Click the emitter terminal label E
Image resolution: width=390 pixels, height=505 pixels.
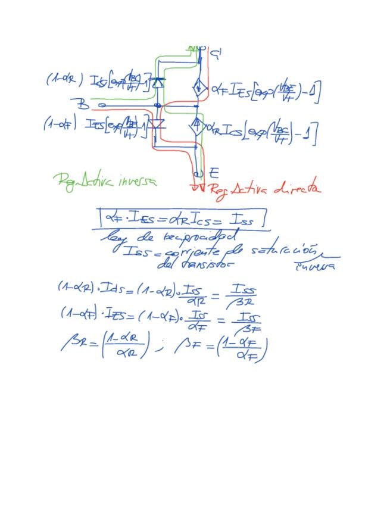point(214,173)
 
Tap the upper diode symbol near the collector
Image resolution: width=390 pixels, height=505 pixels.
point(158,82)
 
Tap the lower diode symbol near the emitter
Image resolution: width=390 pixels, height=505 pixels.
point(157,124)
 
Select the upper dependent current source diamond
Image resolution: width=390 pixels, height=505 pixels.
point(199,88)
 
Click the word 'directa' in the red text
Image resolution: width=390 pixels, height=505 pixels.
point(298,189)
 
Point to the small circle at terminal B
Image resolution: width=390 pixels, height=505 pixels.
point(101,105)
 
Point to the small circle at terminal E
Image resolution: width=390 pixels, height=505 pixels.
point(198,174)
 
